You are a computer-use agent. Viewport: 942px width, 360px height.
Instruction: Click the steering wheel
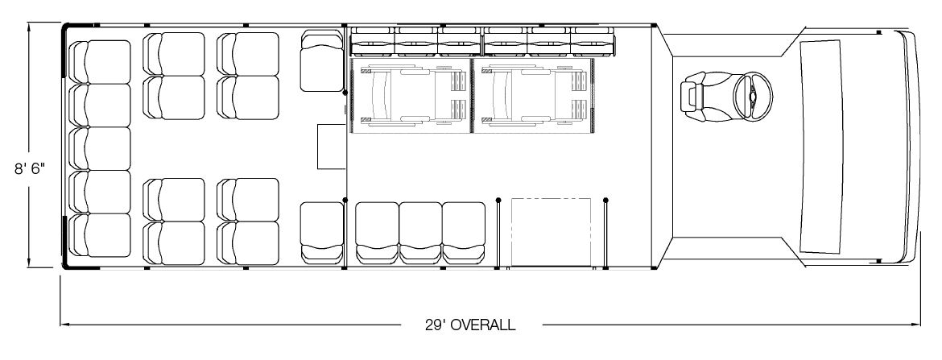[x=753, y=96]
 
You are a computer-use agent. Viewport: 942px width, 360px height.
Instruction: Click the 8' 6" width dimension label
[x=30, y=169]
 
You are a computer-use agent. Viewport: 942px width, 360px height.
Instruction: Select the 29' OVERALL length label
[x=470, y=325]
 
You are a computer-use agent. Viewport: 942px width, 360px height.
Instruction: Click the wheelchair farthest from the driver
[x=412, y=96]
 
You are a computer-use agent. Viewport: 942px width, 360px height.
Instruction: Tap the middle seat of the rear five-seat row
[x=101, y=148]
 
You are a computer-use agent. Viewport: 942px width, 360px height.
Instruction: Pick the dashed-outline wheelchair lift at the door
[x=551, y=231]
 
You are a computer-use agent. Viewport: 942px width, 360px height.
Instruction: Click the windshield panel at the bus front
[x=820, y=146]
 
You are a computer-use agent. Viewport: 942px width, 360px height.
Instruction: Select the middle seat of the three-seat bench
[x=420, y=233]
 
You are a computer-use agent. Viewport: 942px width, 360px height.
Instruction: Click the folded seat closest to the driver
[x=593, y=41]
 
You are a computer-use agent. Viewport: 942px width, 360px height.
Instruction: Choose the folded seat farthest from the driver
[x=373, y=41]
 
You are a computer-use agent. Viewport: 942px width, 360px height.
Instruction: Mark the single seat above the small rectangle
[x=321, y=60]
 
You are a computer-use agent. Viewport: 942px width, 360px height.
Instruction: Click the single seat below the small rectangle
[x=321, y=233]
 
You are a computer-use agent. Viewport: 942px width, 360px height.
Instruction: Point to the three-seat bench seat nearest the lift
[x=464, y=233]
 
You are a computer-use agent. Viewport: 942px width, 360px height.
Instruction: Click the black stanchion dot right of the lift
[x=605, y=200]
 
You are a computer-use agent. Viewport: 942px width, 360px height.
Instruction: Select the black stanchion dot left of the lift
[x=498, y=200]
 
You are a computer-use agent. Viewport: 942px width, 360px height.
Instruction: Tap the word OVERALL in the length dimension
[x=482, y=325]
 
